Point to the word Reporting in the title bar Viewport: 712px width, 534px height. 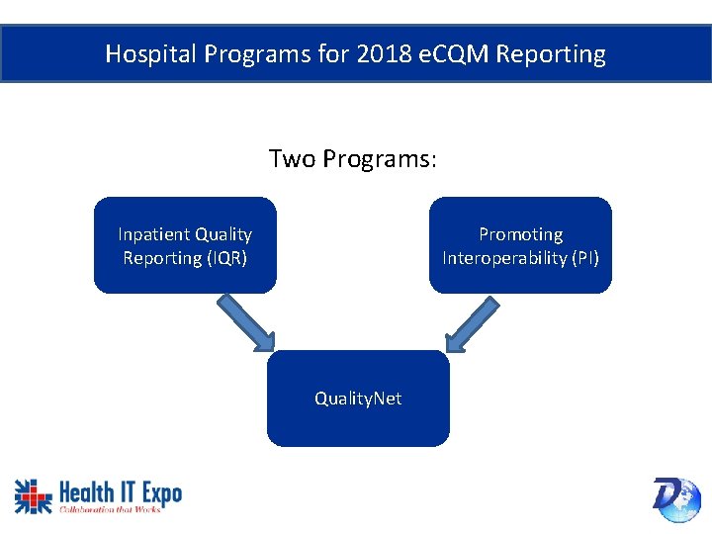551,53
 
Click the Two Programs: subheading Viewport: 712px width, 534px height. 352,159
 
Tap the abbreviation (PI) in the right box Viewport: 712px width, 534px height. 582,258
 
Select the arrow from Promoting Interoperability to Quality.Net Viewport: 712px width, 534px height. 472,322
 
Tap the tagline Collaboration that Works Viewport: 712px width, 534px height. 110,509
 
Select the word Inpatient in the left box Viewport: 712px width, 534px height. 154,234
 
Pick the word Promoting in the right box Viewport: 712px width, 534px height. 520,234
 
